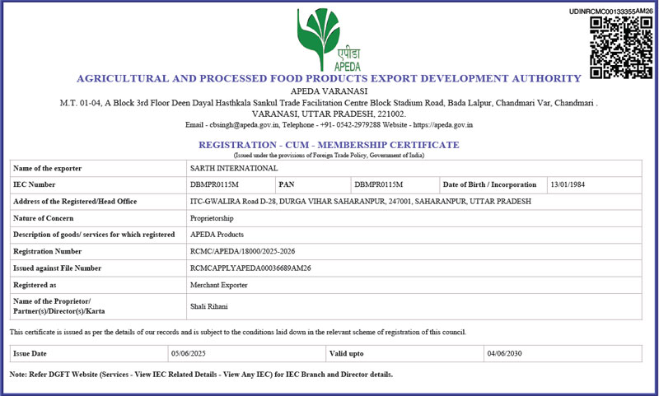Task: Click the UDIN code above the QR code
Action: (x=610, y=11)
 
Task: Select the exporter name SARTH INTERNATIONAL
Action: (x=223, y=168)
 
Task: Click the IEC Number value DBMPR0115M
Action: (x=214, y=184)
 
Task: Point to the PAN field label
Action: (x=287, y=184)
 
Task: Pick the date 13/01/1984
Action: (x=568, y=184)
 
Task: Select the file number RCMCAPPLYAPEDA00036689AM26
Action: (x=250, y=268)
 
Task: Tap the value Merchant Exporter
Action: (x=217, y=284)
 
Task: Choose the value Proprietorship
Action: (x=212, y=218)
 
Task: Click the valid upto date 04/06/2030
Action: (x=505, y=353)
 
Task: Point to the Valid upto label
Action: (x=347, y=353)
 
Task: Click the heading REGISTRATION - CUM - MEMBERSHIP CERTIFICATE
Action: (x=329, y=144)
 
